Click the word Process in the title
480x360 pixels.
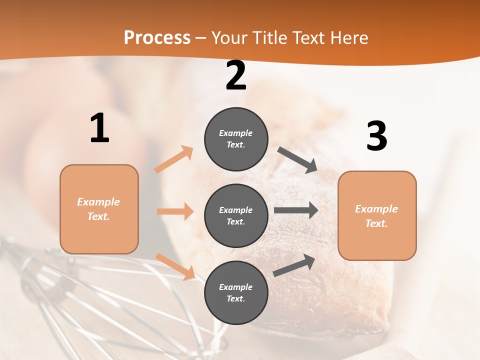(157, 38)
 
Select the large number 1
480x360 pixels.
(99, 128)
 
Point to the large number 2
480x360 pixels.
(236, 76)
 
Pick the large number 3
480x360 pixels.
(376, 136)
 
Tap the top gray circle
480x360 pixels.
(236, 139)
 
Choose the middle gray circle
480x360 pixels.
(236, 215)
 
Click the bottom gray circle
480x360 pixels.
(236, 292)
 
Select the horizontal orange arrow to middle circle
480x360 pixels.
(175, 211)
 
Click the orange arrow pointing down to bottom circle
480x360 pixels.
(175, 266)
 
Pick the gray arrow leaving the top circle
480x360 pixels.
(297, 160)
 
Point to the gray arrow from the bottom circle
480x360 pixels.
(294, 265)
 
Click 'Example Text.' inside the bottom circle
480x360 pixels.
(236, 293)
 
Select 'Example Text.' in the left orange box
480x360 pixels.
(98, 209)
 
